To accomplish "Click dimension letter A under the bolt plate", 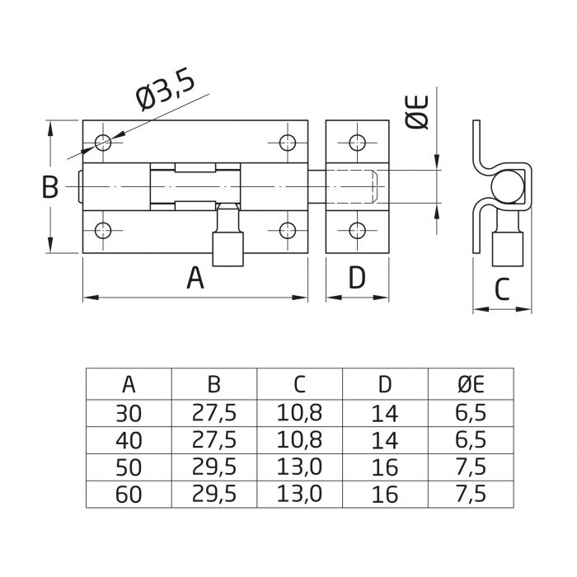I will pyautogui.click(x=195, y=278).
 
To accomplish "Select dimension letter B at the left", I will pyautogui.click(x=50, y=187).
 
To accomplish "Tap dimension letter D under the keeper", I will pyautogui.click(x=356, y=278).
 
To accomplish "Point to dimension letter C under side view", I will pyautogui.click(x=502, y=288).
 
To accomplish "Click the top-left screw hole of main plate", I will pyautogui.click(x=103, y=143).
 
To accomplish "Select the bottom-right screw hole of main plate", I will pyautogui.click(x=287, y=230).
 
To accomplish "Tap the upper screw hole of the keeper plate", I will pyautogui.click(x=356, y=143).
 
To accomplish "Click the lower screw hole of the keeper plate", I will pyautogui.click(x=356, y=230).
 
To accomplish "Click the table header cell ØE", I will pyautogui.click(x=470, y=383).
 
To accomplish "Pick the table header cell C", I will pyautogui.click(x=299, y=383).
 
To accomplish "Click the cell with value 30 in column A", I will pyautogui.click(x=129, y=412).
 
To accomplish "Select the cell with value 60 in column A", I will pyautogui.click(x=129, y=494).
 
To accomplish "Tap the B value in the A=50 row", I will pyautogui.click(x=213, y=467).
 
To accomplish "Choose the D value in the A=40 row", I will pyautogui.click(x=385, y=439).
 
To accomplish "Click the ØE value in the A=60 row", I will pyautogui.click(x=470, y=494).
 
